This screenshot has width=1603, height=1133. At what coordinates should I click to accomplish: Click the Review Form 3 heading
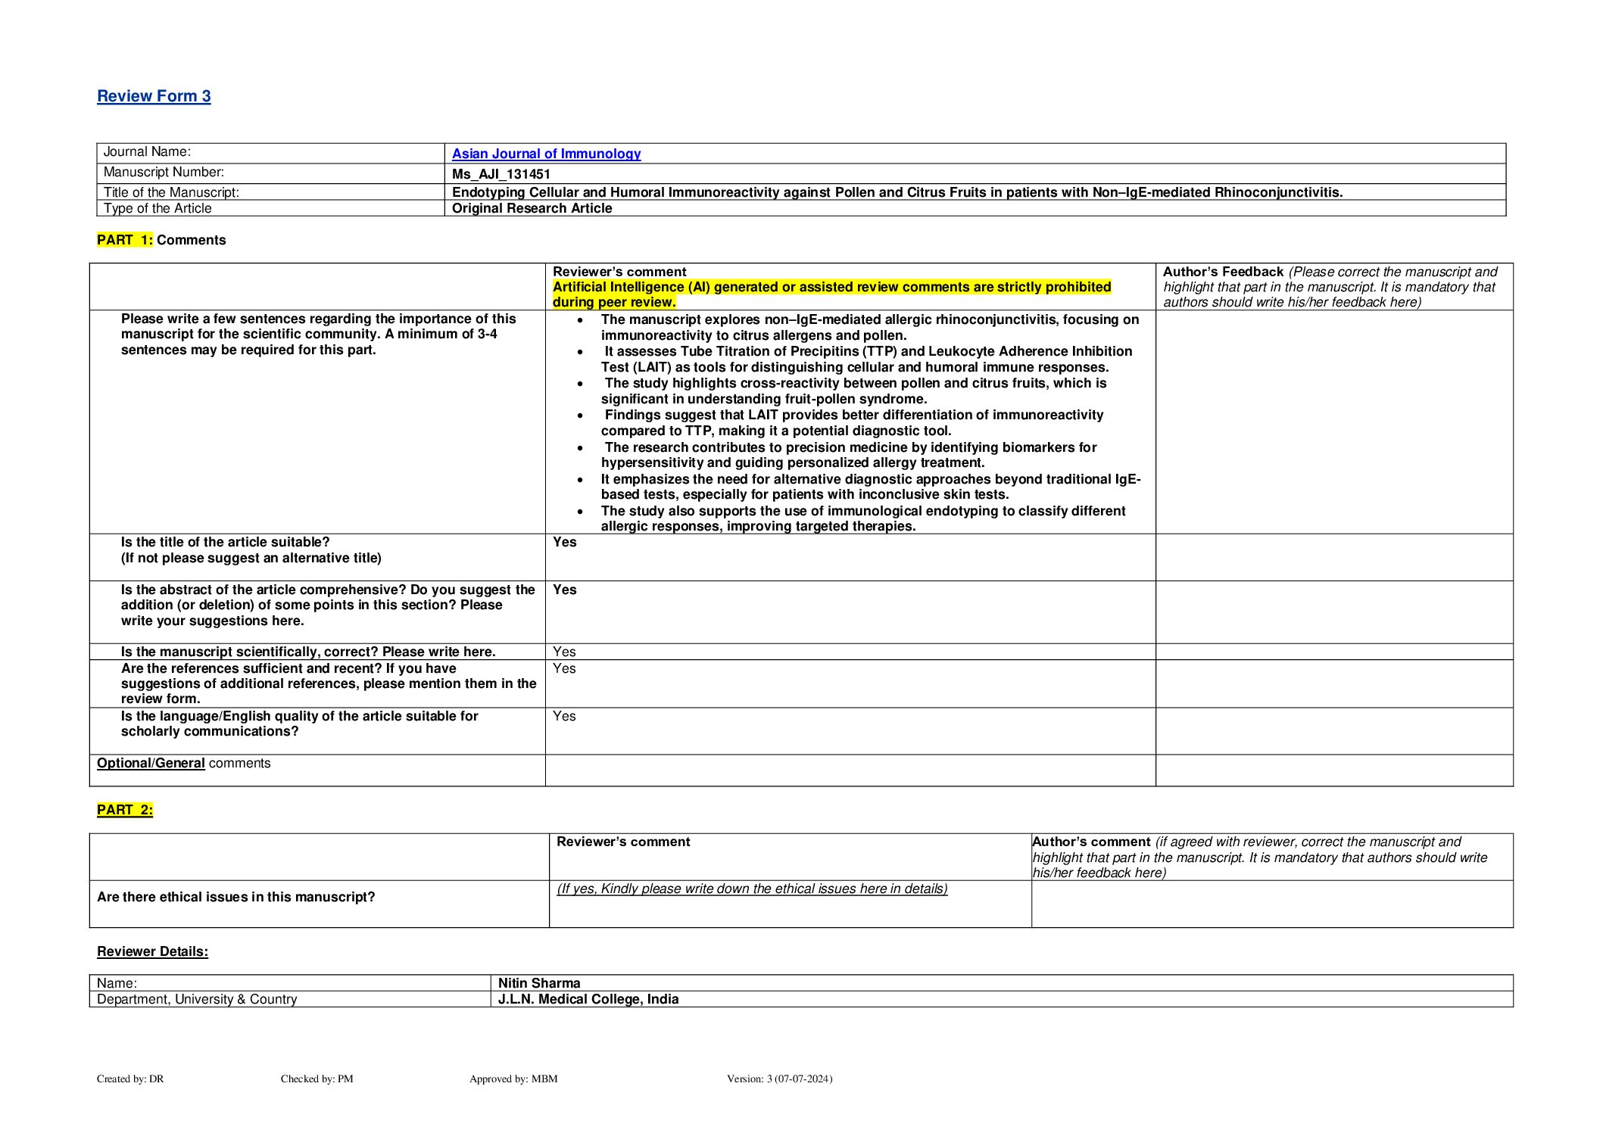tap(154, 96)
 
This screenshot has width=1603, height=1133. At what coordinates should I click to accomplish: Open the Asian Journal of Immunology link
tap(546, 154)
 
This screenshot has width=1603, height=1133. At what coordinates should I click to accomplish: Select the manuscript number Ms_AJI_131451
tap(501, 174)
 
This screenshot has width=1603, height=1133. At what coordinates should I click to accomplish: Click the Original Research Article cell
tap(532, 208)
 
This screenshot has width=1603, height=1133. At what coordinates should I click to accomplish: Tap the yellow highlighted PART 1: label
tap(125, 240)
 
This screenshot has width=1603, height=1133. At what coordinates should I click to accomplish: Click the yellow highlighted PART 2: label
tap(125, 810)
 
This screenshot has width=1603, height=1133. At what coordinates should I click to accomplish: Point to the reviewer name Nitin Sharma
tap(539, 983)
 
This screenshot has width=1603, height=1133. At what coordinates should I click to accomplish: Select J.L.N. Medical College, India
tap(588, 999)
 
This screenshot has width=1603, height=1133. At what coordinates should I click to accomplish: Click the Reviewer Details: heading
tap(152, 951)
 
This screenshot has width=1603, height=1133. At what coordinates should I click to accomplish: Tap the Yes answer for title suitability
tap(564, 542)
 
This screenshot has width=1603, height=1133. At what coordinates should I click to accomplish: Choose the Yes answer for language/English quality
tap(564, 716)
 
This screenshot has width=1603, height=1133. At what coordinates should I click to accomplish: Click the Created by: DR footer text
tap(130, 1079)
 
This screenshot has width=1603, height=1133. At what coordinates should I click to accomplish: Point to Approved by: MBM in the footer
tap(513, 1079)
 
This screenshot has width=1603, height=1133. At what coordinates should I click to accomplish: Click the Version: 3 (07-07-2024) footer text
tap(779, 1079)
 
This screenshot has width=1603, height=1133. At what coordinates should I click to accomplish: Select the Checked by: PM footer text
tap(317, 1079)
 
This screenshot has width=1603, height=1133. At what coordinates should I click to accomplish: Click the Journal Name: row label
tap(147, 152)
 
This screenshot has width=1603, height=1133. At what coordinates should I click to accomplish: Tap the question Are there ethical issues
tap(235, 897)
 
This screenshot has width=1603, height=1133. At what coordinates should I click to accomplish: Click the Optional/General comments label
tap(183, 763)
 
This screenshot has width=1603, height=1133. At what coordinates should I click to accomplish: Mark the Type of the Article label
tap(157, 208)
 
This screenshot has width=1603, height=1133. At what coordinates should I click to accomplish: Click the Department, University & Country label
tap(197, 999)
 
